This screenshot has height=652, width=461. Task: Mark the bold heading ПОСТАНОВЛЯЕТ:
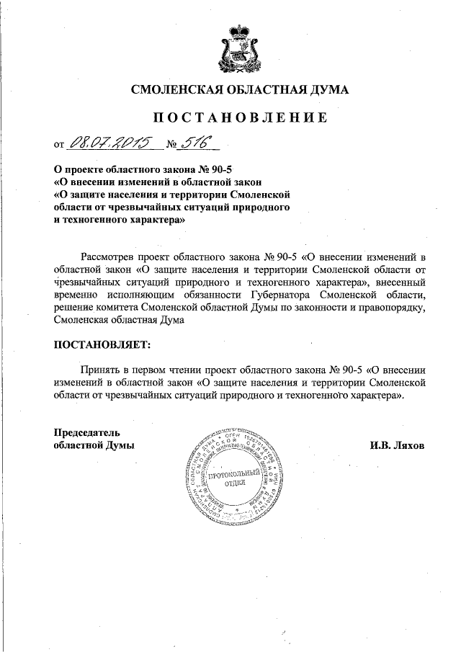point(103,344)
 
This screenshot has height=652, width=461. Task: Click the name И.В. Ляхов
point(398,445)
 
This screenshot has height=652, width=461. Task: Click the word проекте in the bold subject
point(91,168)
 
